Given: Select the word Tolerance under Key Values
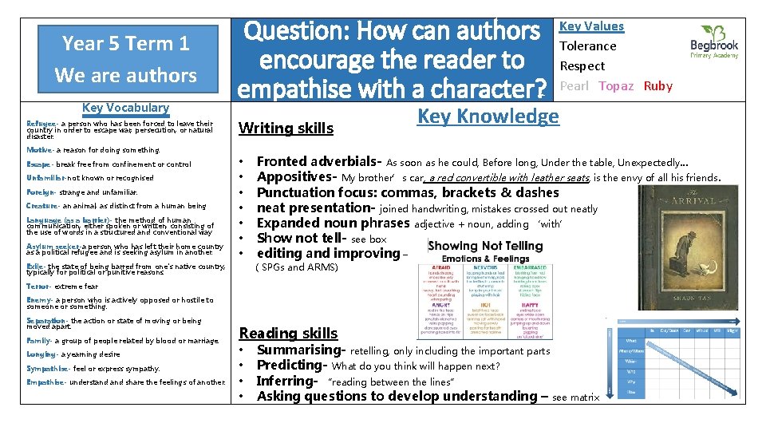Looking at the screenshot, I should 587,46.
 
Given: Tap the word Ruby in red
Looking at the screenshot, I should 657,86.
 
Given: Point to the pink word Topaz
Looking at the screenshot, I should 616,86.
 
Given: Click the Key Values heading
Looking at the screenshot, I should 591,26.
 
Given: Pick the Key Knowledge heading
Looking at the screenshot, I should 488,117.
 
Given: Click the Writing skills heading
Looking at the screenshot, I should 286,128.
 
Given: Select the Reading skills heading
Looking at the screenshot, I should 288,333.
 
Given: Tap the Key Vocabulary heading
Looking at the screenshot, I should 125,108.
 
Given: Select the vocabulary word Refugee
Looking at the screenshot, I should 41,124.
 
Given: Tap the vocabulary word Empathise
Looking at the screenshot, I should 44,382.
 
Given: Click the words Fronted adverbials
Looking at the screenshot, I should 318,161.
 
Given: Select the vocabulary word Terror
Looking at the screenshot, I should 38,287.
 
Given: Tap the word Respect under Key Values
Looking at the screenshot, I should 582,66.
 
